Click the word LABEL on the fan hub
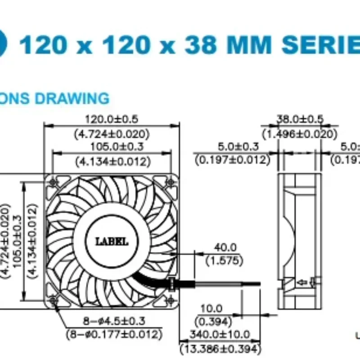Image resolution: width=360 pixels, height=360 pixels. coord(112,242)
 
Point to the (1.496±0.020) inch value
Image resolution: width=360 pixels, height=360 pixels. coord(299,134)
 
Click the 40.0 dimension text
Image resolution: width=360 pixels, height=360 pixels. coord(224,247)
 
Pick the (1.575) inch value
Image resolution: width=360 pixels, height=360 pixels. coord(224,261)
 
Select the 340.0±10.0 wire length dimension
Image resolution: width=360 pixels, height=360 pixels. coord(220,334)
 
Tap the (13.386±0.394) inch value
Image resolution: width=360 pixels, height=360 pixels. coord(220,348)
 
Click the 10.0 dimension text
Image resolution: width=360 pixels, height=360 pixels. coord(211,309)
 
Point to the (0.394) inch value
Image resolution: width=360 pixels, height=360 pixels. coord(211,321)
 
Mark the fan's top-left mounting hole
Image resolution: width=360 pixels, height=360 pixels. coord(54,182)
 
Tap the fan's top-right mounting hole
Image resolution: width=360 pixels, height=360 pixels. coord(171,182)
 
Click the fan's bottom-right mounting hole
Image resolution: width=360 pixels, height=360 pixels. coord(171,298)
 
